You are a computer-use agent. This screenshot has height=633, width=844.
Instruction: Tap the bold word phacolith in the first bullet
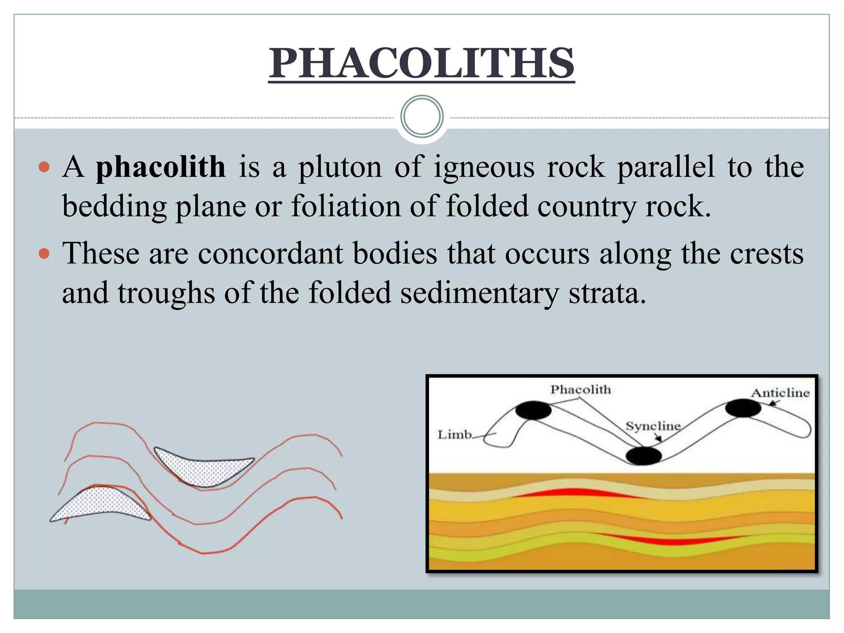click(161, 167)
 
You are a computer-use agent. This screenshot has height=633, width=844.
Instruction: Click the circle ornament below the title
click(422, 117)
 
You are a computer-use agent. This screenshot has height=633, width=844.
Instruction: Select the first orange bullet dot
click(44, 167)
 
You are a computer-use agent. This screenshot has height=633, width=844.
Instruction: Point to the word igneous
click(484, 167)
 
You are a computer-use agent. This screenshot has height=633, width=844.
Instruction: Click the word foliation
click(346, 206)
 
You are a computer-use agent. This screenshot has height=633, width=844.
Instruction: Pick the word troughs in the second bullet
click(166, 293)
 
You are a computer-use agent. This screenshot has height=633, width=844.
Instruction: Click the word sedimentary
click(479, 293)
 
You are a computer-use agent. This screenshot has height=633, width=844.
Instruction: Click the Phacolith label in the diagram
click(580, 389)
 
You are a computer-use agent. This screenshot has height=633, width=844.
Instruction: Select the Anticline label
click(780, 393)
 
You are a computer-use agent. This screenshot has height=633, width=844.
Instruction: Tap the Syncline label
click(653, 426)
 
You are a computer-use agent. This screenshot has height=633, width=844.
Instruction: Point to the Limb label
click(454, 434)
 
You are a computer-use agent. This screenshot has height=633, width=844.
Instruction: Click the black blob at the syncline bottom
click(643, 456)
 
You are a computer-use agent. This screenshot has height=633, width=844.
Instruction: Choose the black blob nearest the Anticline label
click(743, 408)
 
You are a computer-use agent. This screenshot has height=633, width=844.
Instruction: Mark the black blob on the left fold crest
click(533, 410)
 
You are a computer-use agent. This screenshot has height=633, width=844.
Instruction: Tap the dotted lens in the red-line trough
click(204, 470)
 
